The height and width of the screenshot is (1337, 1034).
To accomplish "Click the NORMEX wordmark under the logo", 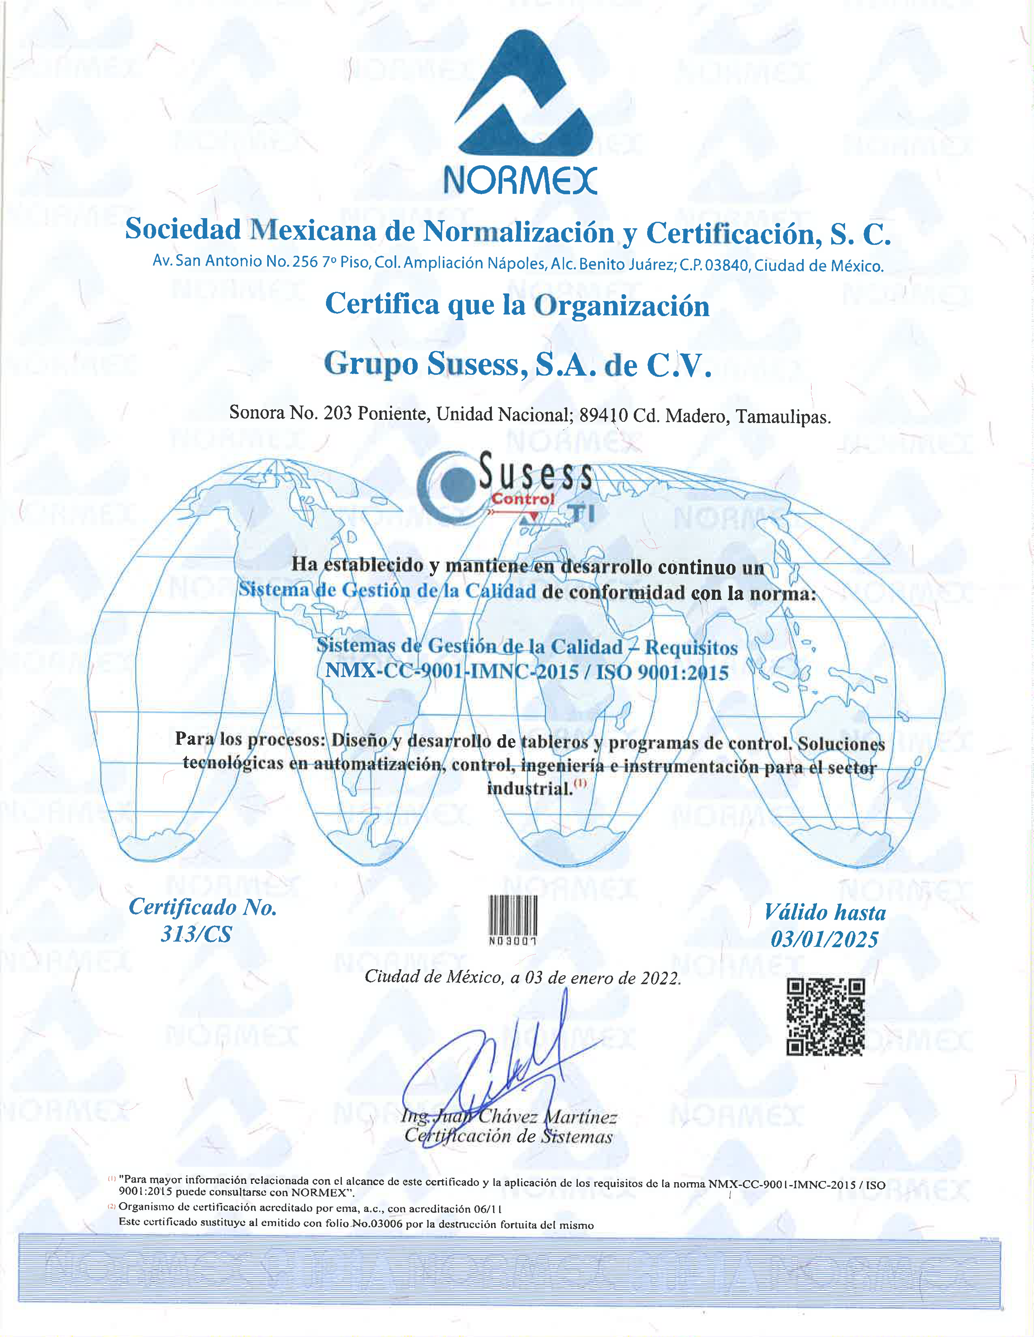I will pyautogui.click(x=519, y=180).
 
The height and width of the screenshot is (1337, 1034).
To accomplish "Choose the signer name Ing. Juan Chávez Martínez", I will pyautogui.click(x=508, y=1117).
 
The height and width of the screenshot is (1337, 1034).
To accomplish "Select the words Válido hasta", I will pyautogui.click(x=825, y=913).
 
